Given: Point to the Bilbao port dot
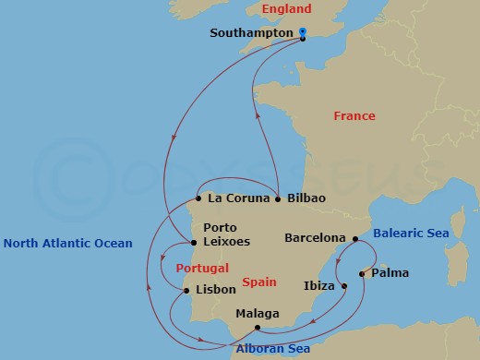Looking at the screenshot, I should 278,198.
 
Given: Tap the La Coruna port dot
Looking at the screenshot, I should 198,198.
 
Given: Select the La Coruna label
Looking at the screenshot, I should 238,198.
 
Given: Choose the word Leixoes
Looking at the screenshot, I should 229,242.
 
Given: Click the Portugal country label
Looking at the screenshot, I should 201,268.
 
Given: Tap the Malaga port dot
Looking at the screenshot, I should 258,328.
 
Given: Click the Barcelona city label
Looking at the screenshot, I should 315,237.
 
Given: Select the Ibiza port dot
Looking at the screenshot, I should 343,286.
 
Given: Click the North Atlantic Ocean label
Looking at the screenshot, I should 68,244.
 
